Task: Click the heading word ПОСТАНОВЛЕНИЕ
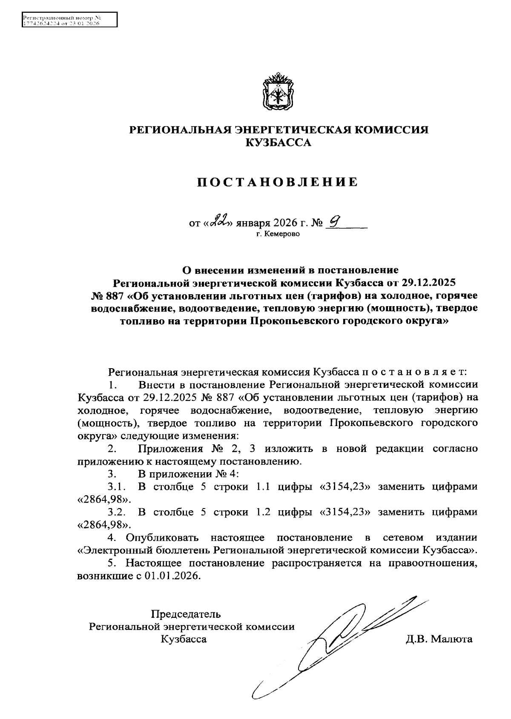(x=278, y=182)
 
